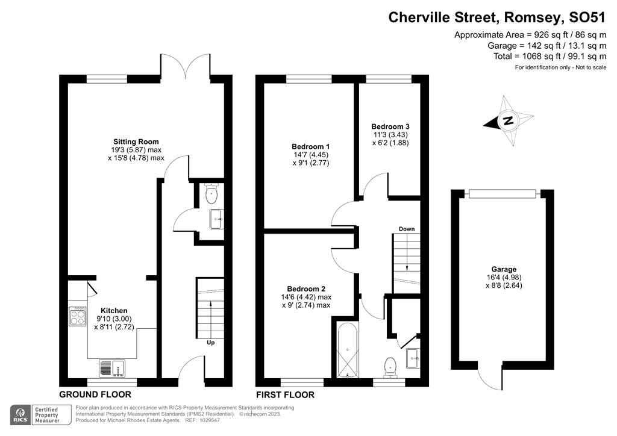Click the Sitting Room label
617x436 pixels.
[136, 142]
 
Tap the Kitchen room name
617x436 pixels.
[114, 311]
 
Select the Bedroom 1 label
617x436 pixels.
[311, 147]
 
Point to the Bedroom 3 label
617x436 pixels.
[390, 126]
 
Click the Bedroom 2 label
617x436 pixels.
[306, 288]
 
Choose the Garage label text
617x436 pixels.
[504, 269]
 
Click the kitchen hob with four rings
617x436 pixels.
[78, 317]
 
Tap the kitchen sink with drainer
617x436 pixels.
[112, 369]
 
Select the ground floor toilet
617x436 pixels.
[211, 193]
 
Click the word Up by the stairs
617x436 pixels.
[211, 343]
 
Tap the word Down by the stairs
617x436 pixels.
[407, 229]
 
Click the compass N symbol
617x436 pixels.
[509, 120]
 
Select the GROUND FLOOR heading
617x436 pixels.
[95, 394]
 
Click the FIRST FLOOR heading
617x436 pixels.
[285, 394]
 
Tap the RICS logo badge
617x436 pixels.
[21, 415]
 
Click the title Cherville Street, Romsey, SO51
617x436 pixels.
[497, 17]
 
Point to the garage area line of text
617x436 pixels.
[547, 45]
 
